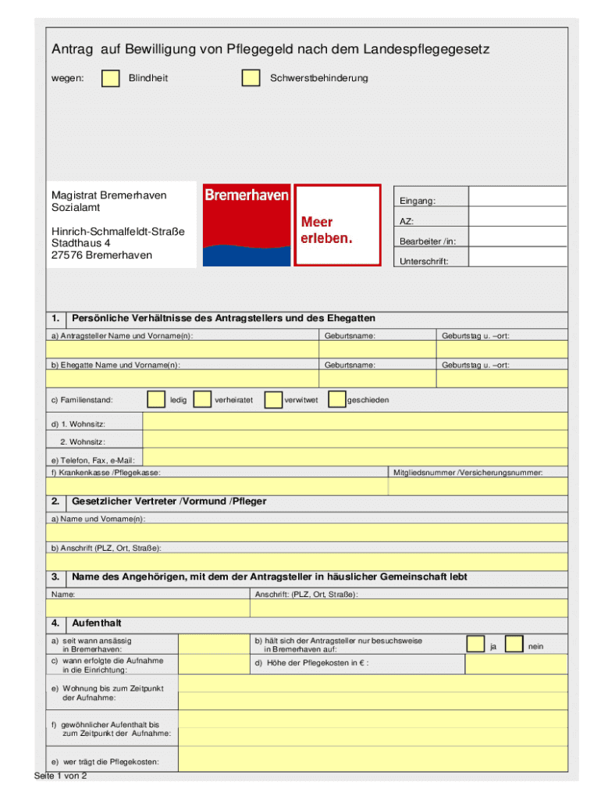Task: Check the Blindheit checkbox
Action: tap(112, 78)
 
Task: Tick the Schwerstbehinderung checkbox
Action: tap(251, 78)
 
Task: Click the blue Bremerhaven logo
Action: tap(247, 226)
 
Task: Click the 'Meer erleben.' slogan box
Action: tap(337, 226)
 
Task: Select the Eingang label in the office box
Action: tap(418, 201)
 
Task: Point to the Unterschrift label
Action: tap(424, 261)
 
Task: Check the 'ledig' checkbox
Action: tap(156, 400)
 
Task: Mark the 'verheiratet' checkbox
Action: tap(202, 400)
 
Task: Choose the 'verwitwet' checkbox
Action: tap(273, 400)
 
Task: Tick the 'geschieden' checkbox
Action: tap(336, 400)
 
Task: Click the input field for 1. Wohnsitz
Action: tap(355, 423)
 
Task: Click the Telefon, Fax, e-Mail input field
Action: tap(355, 459)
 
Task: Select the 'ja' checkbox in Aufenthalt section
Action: tap(475, 644)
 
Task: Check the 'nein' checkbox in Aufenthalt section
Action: tap(514, 644)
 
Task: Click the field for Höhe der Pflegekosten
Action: tap(516, 663)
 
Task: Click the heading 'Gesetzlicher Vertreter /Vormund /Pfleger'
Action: tap(169, 501)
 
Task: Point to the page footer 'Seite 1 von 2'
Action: tap(61, 776)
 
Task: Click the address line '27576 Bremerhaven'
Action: tap(101, 255)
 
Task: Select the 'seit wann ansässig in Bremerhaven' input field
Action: tap(213, 644)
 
